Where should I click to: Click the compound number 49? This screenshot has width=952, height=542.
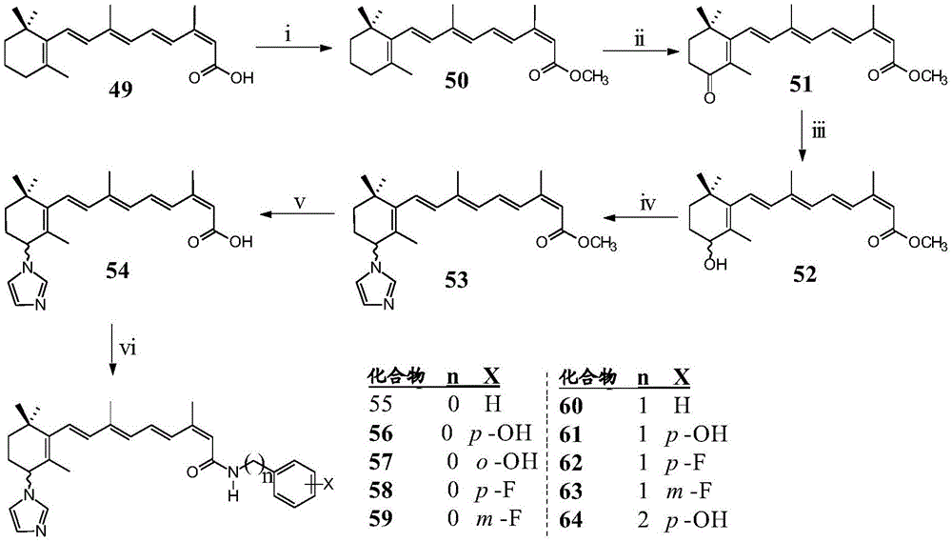(120, 91)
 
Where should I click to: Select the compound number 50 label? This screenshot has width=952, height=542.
(457, 81)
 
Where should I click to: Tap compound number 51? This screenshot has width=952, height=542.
(801, 85)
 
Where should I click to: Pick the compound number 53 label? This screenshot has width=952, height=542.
(457, 280)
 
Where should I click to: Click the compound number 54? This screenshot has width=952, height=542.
(116, 271)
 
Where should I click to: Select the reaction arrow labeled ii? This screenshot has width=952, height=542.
(640, 51)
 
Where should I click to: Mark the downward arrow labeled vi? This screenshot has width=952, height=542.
(113, 350)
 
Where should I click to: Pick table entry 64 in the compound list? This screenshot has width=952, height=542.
(570, 520)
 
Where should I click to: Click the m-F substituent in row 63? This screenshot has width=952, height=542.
(688, 491)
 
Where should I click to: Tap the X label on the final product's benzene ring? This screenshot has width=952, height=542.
(329, 484)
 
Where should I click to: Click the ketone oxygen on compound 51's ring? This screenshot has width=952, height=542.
(709, 97)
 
